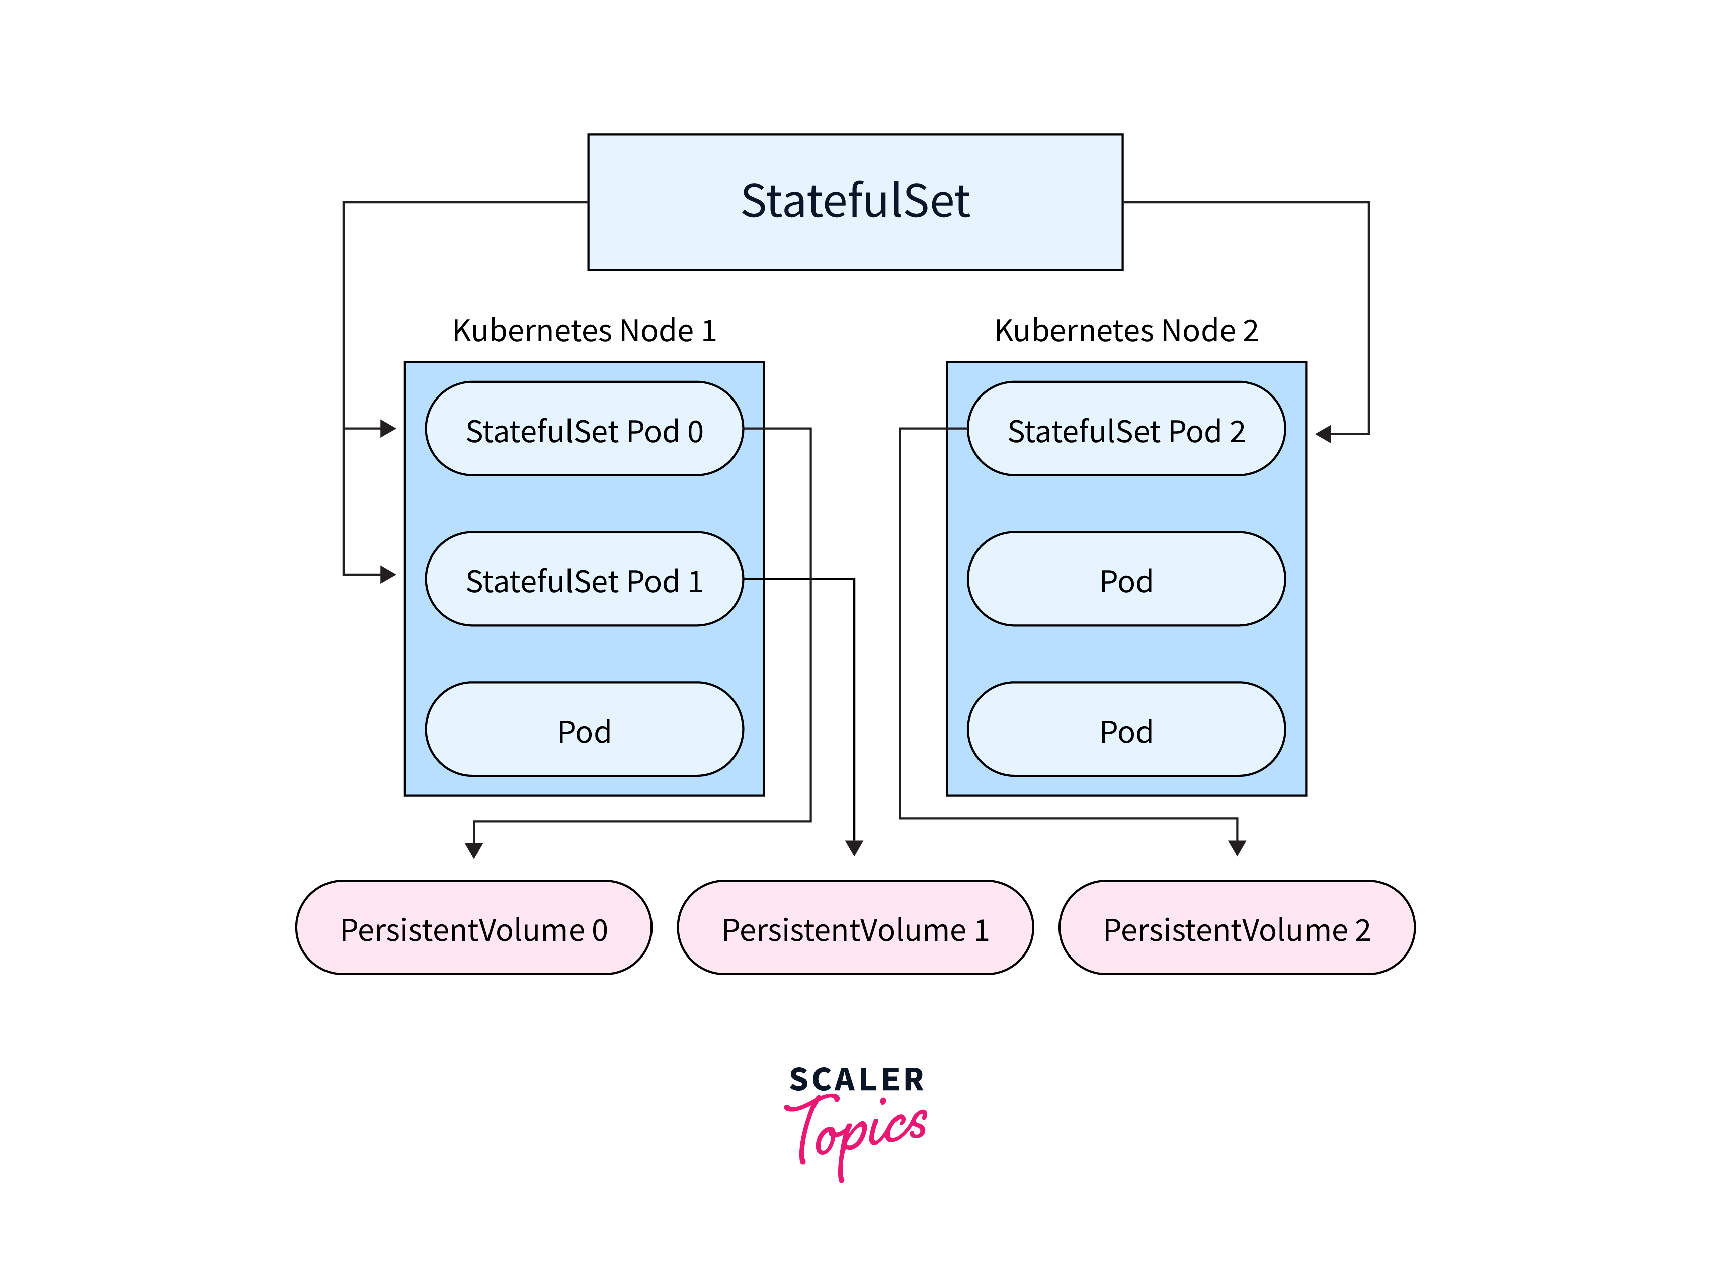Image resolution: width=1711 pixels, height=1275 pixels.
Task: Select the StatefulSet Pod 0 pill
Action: pyautogui.click(x=584, y=429)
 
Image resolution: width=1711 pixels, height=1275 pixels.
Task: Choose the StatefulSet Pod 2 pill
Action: pyautogui.click(x=1126, y=429)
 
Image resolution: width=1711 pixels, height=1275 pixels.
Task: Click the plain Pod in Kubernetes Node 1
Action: pyautogui.click(x=584, y=730)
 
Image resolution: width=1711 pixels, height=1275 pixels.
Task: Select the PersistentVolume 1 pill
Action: pyautogui.click(x=855, y=928)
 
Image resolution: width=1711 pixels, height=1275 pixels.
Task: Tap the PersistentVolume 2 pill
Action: pyautogui.click(x=1237, y=928)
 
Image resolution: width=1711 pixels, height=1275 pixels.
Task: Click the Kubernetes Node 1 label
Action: pyautogui.click(x=584, y=331)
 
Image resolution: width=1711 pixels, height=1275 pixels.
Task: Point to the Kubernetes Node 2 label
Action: pyautogui.click(x=1126, y=331)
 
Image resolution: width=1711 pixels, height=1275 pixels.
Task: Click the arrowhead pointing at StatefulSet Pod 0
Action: pyautogui.click(x=388, y=428)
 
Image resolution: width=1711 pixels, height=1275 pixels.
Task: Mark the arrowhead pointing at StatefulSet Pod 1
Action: pyautogui.click(x=388, y=574)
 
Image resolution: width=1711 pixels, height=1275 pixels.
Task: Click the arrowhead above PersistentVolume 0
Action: pyautogui.click(x=474, y=850)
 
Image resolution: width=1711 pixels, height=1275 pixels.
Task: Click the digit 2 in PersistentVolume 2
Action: pyautogui.click(x=1362, y=930)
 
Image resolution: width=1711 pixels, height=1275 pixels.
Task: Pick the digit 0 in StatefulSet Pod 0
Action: pyautogui.click(x=695, y=431)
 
